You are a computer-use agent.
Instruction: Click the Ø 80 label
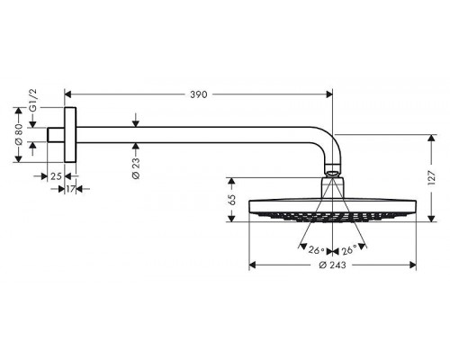pos(20,136)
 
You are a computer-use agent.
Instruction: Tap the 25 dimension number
pos(56,175)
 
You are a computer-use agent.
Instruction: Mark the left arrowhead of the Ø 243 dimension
pos(253,265)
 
